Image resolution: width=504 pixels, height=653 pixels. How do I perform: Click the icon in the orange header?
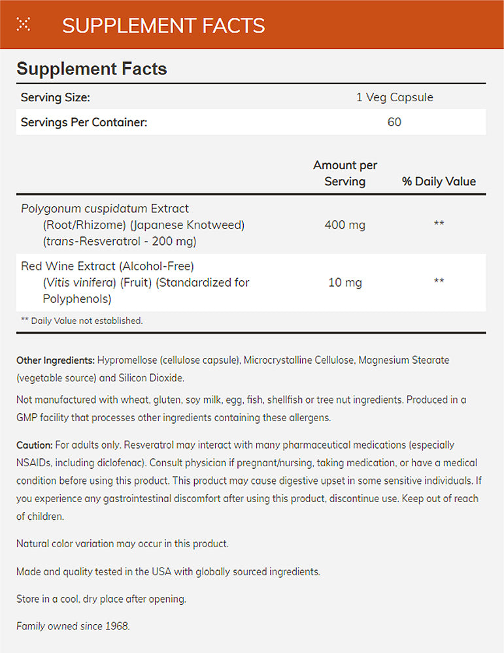(24, 25)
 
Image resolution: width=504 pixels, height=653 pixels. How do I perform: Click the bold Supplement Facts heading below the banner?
(92, 69)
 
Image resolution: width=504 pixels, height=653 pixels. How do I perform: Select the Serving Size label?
(56, 97)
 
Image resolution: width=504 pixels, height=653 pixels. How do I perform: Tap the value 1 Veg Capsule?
(394, 97)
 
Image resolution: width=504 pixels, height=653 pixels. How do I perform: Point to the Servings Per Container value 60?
(394, 122)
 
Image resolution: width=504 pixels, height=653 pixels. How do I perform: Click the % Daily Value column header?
(439, 182)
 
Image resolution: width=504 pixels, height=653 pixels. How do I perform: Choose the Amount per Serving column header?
(344, 173)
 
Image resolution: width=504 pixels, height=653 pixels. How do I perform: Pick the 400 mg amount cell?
(344, 225)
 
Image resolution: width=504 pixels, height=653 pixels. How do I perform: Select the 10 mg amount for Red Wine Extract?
(344, 282)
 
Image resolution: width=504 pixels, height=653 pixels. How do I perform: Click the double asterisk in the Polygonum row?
(439, 225)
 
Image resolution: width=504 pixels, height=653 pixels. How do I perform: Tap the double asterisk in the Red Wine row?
(439, 282)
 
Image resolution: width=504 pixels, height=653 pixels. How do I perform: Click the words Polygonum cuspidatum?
(85, 208)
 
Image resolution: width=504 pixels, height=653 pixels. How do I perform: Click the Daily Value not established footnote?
(82, 321)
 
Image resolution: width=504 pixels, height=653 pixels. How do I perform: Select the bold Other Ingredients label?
(56, 360)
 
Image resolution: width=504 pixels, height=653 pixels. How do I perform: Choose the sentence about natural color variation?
(122, 543)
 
